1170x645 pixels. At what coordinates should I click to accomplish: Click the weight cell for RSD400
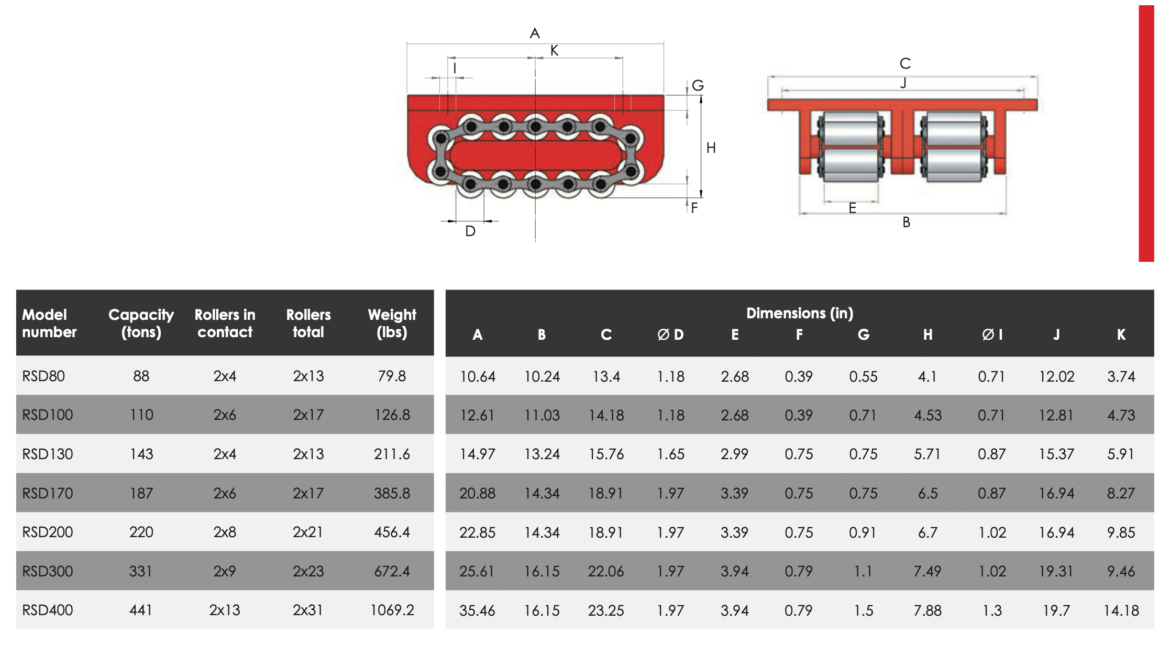[392, 610]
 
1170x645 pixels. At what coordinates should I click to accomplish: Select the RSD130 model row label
[48, 454]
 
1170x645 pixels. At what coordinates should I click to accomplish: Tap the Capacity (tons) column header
[141, 323]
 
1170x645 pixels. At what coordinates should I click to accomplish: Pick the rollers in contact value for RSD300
[225, 571]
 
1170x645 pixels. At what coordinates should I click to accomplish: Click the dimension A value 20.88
[477, 493]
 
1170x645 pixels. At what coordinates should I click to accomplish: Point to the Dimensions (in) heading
[799, 313]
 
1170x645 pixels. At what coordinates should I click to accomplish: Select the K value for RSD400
[1121, 610]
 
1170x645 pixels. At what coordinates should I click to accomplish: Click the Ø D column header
[670, 335]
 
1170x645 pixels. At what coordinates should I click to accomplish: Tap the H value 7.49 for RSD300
[928, 571]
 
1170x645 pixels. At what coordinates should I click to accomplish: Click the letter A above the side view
[535, 34]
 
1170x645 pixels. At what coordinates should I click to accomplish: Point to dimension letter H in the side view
[711, 148]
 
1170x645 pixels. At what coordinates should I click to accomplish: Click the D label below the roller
[470, 231]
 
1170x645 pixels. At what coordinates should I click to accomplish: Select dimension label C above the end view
[905, 64]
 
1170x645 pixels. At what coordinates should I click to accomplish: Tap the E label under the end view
[852, 208]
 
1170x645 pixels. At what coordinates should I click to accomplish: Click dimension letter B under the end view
[906, 223]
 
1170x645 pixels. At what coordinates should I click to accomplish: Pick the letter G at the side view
[698, 85]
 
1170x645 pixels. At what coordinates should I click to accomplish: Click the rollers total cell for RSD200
[308, 532]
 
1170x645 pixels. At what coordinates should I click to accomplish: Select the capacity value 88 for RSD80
[141, 376]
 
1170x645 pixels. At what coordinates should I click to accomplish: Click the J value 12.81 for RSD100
[1056, 415]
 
